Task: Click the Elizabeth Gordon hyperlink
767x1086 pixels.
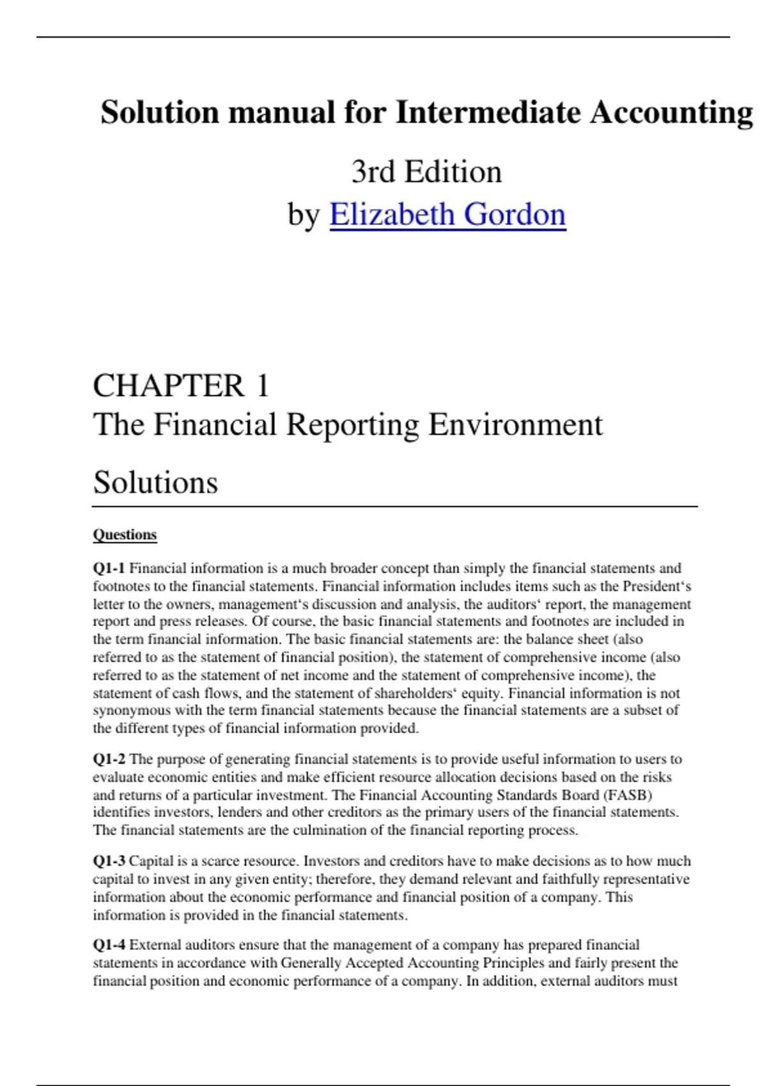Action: (x=447, y=215)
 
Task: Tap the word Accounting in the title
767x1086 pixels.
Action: (x=671, y=112)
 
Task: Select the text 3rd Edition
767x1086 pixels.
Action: (x=426, y=172)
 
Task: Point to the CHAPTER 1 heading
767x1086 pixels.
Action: (x=181, y=386)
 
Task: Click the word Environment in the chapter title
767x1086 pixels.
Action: (x=515, y=425)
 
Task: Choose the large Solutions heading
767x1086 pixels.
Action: (x=155, y=482)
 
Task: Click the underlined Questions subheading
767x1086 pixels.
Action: (x=125, y=535)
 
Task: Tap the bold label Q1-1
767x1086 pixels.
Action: (x=109, y=569)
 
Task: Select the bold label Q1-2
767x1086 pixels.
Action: (x=109, y=760)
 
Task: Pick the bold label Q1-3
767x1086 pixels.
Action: (x=109, y=861)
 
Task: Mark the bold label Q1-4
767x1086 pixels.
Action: (x=109, y=945)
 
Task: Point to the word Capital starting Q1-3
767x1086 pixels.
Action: (x=151, y=861)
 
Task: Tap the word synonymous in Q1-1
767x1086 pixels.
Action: (x=131, y=710)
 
